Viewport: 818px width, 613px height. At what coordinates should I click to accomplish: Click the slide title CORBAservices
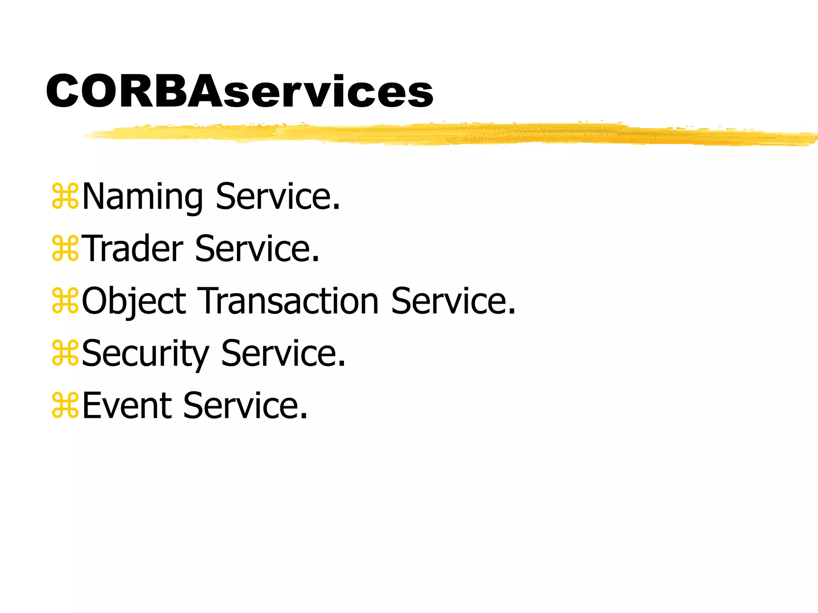[240, 91]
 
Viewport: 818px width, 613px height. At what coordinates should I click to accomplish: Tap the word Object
[134, 301]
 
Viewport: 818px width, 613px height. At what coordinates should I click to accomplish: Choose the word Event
[127, 406]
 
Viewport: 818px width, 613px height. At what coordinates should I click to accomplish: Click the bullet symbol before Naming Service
[65, 196]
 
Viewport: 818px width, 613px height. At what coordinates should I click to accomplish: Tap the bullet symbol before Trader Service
[65, 249]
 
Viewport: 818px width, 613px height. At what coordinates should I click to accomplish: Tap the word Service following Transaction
[449, 301]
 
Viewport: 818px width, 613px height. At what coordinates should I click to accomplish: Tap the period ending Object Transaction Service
[512, 312]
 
